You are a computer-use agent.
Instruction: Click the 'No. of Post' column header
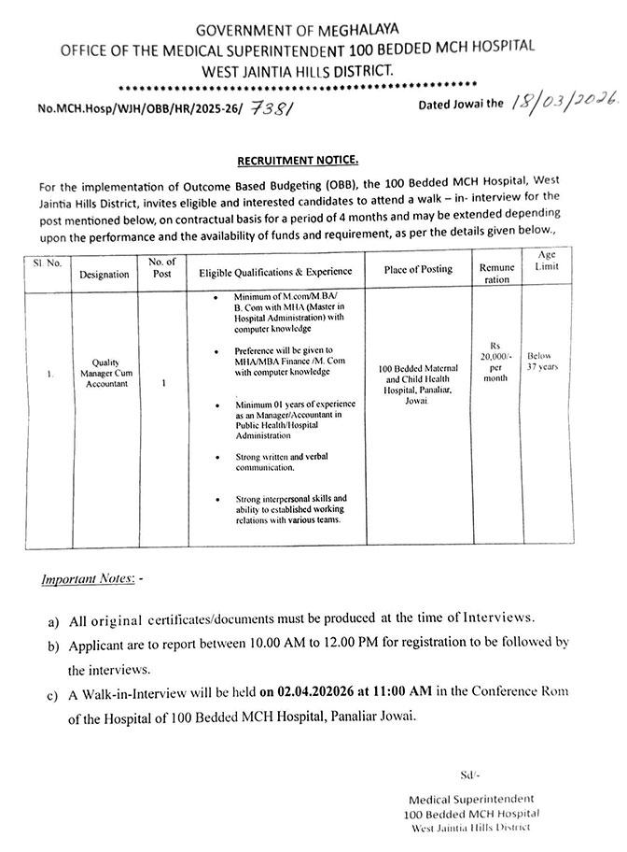[162, 268]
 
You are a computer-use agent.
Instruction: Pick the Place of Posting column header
[418, 269]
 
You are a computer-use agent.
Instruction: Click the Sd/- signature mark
[468, 775]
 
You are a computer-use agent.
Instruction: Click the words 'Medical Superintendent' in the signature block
[471, 799]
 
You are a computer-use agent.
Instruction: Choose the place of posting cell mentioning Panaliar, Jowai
[418, 387]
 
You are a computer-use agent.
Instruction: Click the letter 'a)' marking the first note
[55, 620]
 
